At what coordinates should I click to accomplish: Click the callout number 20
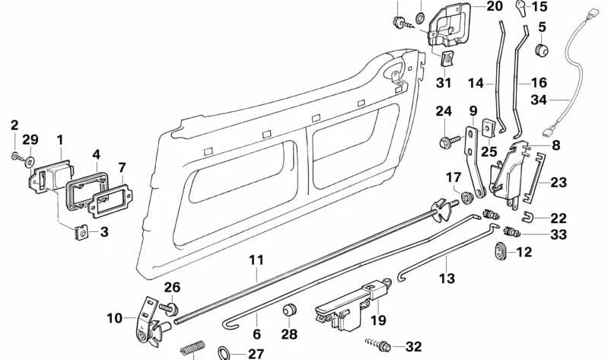[495, 6]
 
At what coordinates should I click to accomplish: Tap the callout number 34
[560, 98]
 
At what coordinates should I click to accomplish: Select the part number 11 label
[256, 260]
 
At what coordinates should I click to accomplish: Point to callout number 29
[30, 139]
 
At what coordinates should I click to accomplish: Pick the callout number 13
[447, 279]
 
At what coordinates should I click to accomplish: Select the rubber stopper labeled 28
[288, 312]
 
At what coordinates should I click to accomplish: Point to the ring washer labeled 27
[226, 352]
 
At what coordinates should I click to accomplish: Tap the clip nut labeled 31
[444, 59]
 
